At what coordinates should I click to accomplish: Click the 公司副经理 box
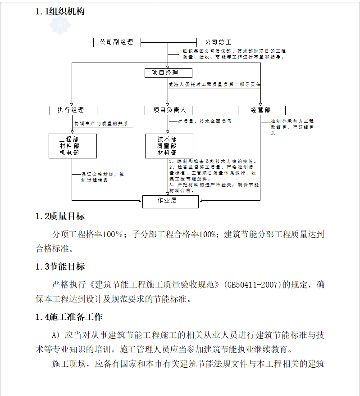117,42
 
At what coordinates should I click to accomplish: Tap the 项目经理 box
169,73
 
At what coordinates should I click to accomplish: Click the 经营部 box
261,110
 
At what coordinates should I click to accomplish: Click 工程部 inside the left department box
73,139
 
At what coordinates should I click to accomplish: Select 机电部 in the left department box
73,153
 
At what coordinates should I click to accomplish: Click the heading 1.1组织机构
60,12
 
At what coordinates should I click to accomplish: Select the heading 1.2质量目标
60,217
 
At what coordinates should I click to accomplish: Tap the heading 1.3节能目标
60,267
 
